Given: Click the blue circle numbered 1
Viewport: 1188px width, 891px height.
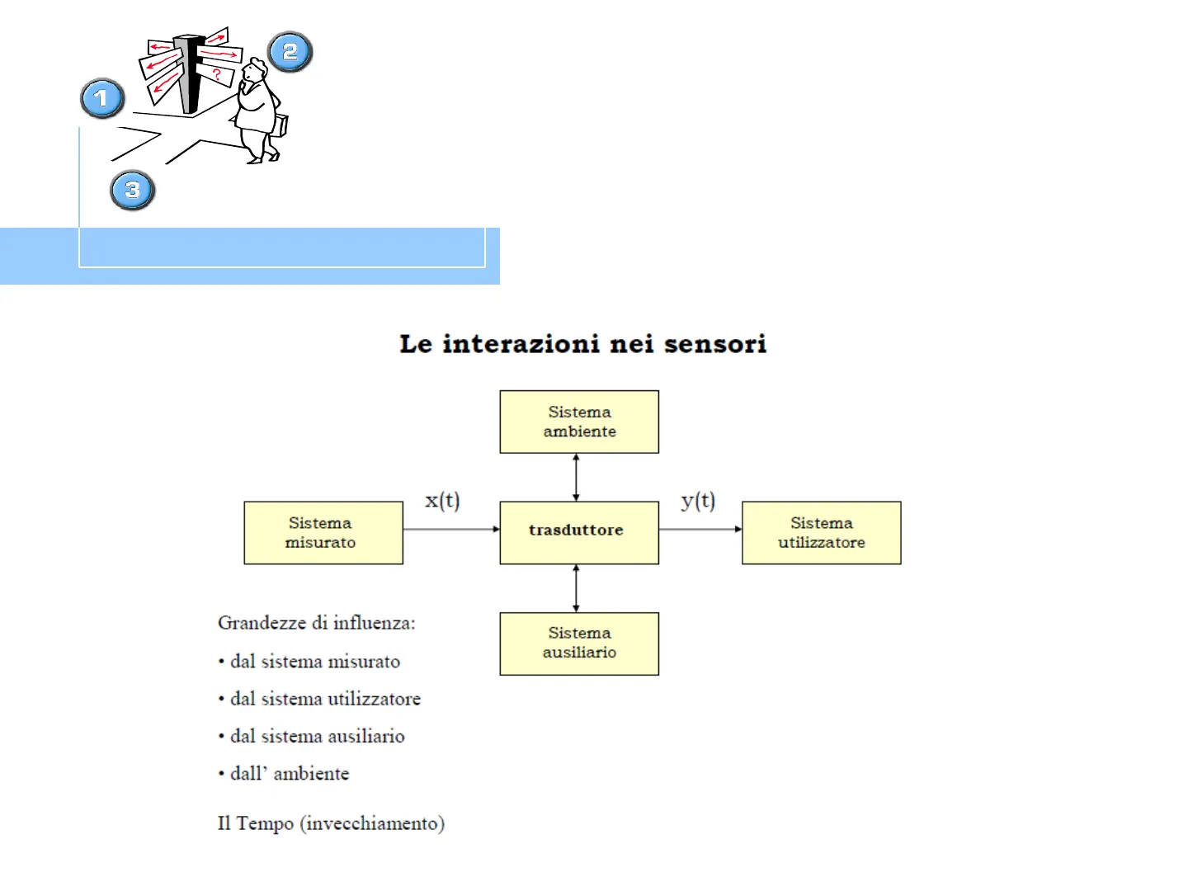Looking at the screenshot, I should tap(102, 98).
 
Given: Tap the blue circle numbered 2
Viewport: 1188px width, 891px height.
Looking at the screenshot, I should tap(290, 52).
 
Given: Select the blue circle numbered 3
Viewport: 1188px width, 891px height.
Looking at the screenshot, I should tap(132, 190).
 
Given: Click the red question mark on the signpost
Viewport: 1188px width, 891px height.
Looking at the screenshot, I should tap(217, 74).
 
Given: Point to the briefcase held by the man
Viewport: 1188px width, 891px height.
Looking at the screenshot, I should tap(281, 125).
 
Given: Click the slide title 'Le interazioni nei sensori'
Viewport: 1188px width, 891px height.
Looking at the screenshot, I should tap(582, 344).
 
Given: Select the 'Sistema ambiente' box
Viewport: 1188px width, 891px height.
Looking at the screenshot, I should tap(579, 422).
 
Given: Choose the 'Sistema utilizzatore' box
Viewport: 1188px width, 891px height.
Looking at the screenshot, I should tap(821, 533).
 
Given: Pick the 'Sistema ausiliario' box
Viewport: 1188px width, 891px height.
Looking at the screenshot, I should tap(579, 643).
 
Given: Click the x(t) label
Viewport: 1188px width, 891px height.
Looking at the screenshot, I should tap(442, 501).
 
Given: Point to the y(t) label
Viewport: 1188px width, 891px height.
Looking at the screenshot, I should tap(698, 501).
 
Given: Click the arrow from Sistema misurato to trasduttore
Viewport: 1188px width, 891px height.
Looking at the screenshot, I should tap(451, 529).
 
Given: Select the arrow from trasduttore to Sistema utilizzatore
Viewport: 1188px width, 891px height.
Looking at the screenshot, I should tap(700, 529).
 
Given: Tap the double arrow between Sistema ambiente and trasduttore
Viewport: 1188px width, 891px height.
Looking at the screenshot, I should tap(576, 478).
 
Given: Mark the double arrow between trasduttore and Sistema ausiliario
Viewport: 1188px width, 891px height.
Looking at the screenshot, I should tap(576, 588).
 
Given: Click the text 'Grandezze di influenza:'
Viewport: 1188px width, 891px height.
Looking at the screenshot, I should tap(317, 623).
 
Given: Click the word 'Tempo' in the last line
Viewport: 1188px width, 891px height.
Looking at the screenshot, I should tap(265, 823).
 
